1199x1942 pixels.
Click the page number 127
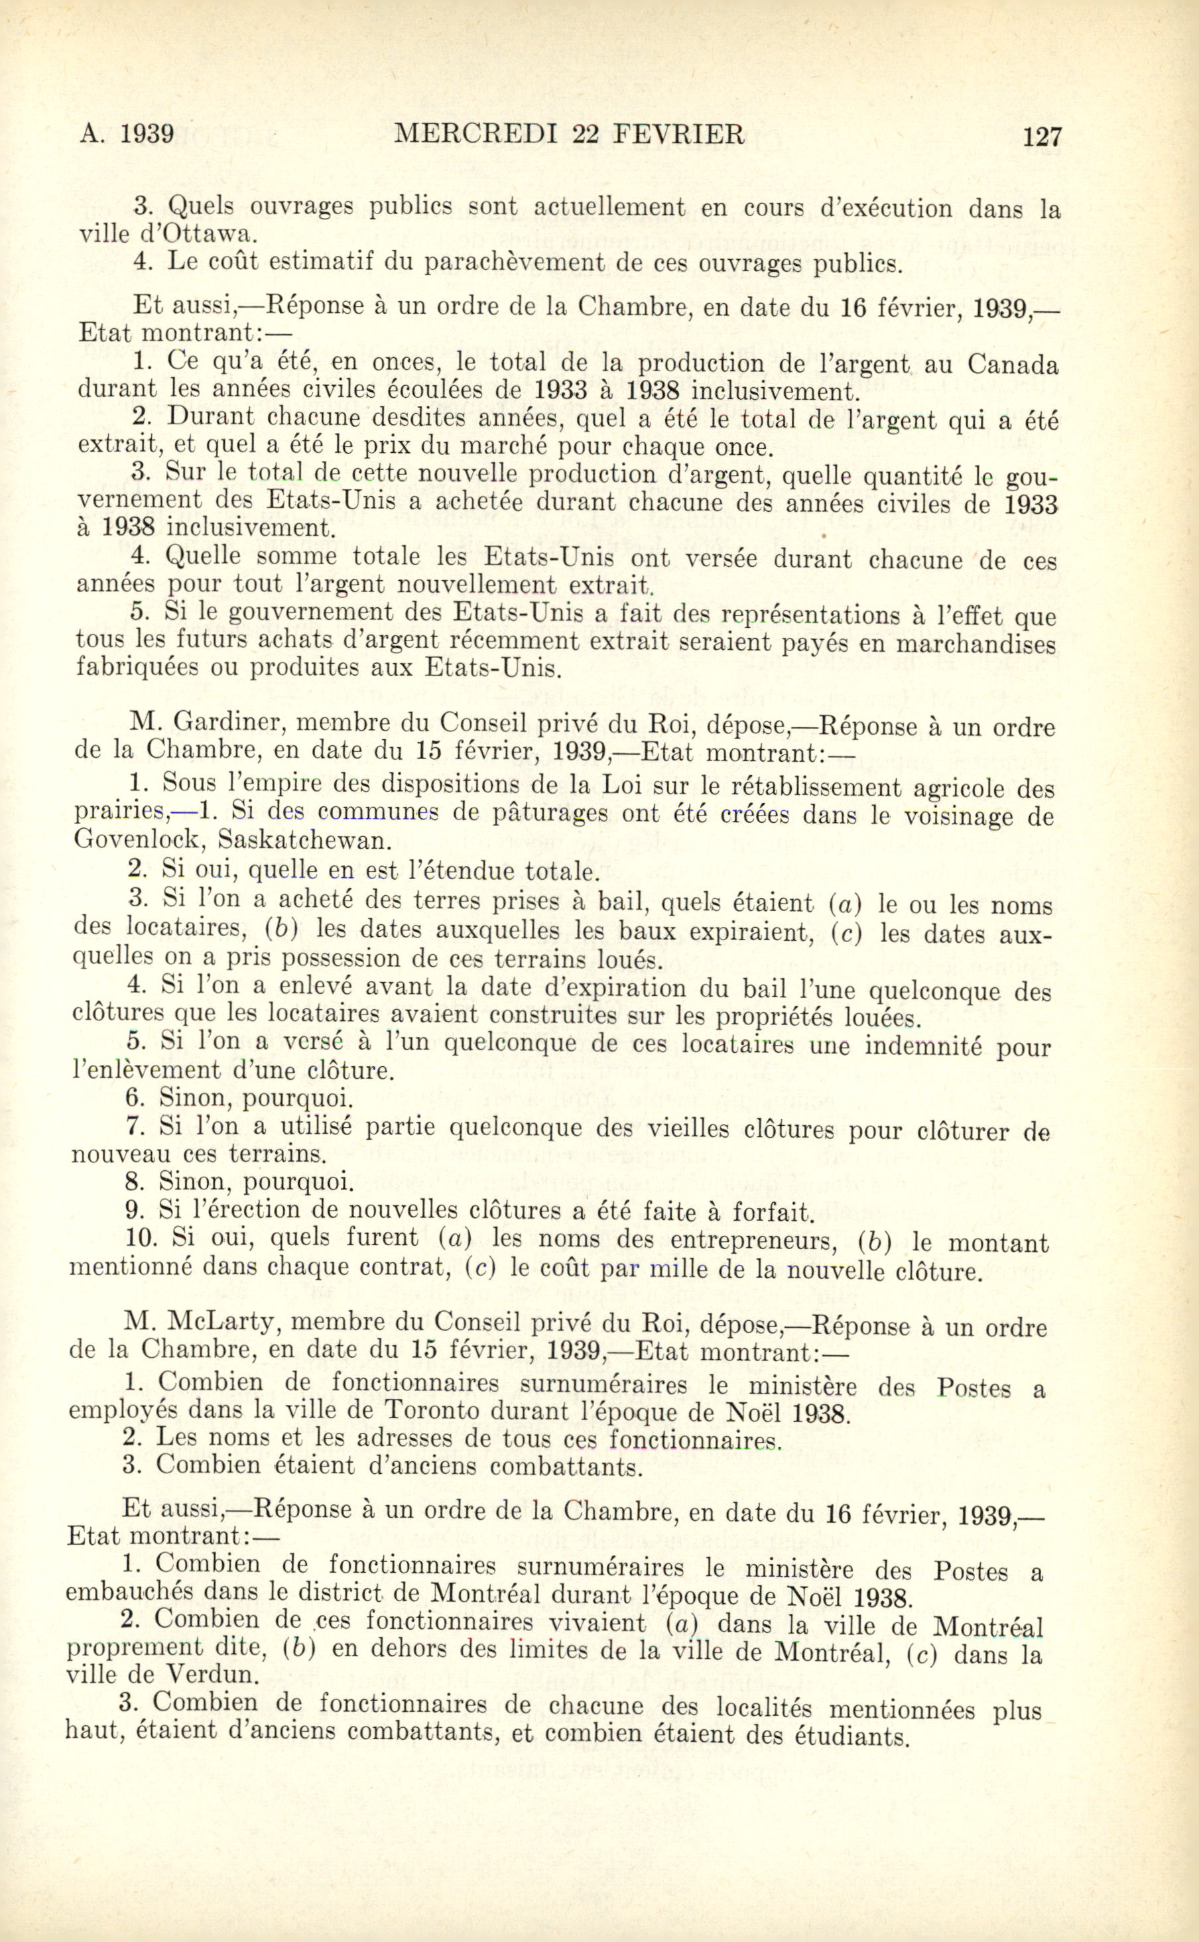click(1041, 137)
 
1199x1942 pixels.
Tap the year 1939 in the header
click(147, 134)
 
